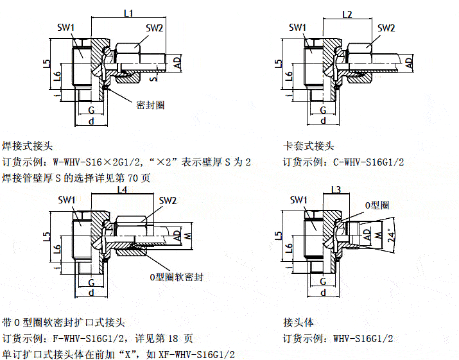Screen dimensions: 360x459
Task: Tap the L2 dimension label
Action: [x=348, y=14]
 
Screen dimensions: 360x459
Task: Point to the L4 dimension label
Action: [x=122, y=191]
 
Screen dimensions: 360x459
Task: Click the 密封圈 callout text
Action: [x=150, y=105]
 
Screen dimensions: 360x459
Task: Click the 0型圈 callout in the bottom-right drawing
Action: [x=377, y=205]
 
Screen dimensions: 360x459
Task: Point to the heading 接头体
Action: [x=298, y=321]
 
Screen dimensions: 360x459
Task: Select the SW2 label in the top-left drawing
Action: [x=154, y=28]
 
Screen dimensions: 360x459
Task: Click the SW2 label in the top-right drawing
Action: [x=386, y=28]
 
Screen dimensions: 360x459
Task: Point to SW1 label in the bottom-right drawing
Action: [x=299, y=200]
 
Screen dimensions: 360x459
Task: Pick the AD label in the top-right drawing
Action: [x=408, y=62]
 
